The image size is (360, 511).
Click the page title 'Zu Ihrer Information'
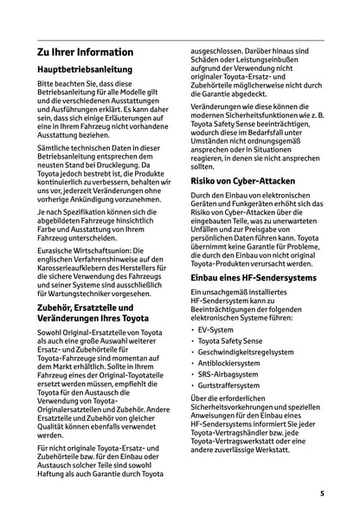[85, 53]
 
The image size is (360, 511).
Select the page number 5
[321, 493]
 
